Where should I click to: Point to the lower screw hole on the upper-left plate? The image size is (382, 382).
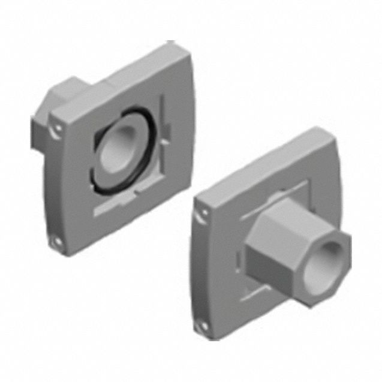(58, 242)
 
